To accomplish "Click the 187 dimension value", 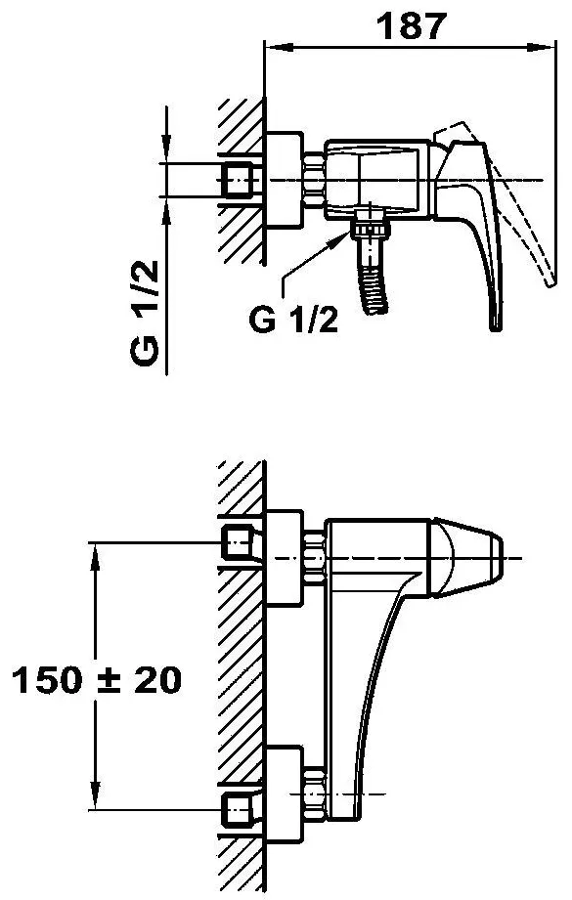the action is [x=412, y=25].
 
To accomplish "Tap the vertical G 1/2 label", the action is [x=144, y=313].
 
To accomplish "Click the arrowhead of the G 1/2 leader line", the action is [x=343, y=236].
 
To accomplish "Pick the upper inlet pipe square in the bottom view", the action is [x=238, y=542].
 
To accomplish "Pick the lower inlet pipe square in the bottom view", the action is [x=238, y=810].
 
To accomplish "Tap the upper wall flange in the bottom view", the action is [x=284, y=558].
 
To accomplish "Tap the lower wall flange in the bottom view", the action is [x=284, y=793].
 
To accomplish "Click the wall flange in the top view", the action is [x=284, y=180].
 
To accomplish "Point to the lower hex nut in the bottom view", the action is [x=314, y=793].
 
